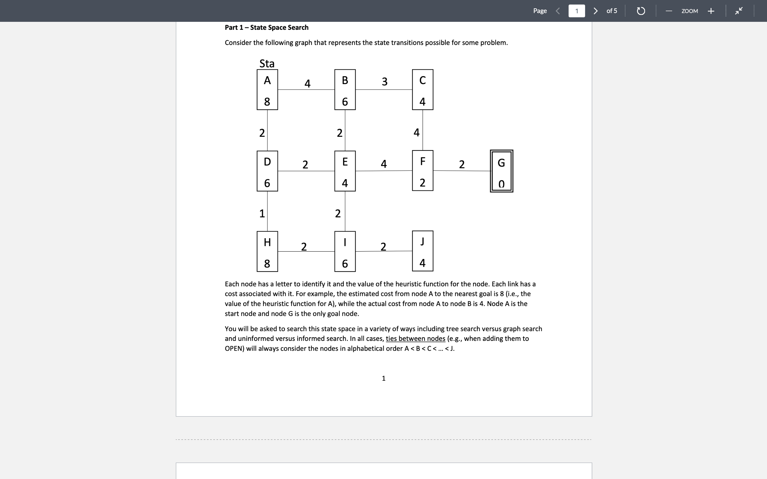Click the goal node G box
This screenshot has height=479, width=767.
click(501, 171)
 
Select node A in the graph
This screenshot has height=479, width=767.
click(267, 90)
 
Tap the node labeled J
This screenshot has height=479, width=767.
click(422, 251)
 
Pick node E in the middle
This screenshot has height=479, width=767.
click(345, 171)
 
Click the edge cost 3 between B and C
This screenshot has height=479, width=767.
click(385, 82)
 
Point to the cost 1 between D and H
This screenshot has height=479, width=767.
click(262, 213)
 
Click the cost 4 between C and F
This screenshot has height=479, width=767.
click(417, 133)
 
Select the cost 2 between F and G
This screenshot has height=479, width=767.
click(462, 164)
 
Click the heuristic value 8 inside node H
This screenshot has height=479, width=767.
click(267, 263)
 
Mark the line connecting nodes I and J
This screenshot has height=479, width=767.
click(383, 251)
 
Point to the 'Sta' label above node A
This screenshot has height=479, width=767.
click(267, 63)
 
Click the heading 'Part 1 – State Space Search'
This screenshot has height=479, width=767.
click(267, 28)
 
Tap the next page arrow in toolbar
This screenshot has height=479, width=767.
click(595, 11)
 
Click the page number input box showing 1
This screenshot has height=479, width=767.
click(577, 11)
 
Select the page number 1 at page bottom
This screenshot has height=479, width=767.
click(383, 378)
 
